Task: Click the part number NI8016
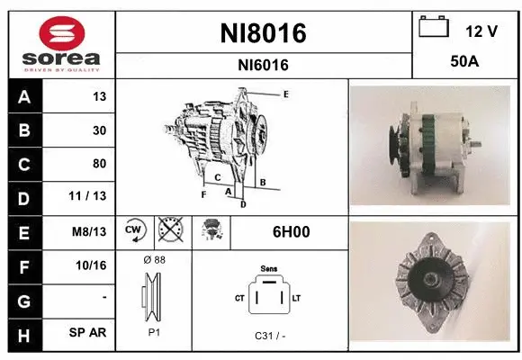(x=263, y=33)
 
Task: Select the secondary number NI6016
(x=263, y=64)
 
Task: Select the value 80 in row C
(x=99, y=164)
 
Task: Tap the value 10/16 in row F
(x=94, y=265)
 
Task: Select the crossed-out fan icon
(x=168, y=231)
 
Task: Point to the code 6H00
(x=291, y=231)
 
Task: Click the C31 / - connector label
(x=269, y=337)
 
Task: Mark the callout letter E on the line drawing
(x=285, y=94)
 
